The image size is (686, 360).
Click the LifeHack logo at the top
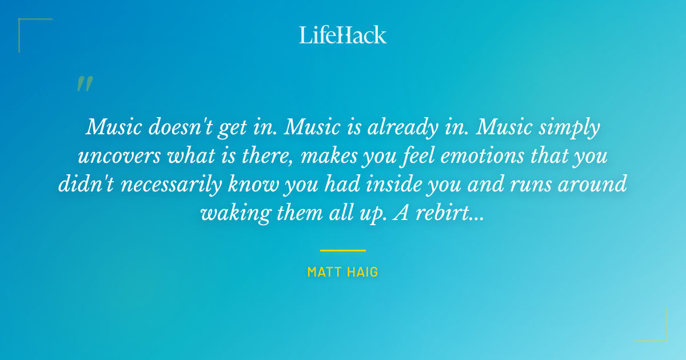pos(343,35)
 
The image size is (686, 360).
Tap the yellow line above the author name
pos(343,250)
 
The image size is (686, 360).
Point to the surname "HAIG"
pos(364,272)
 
